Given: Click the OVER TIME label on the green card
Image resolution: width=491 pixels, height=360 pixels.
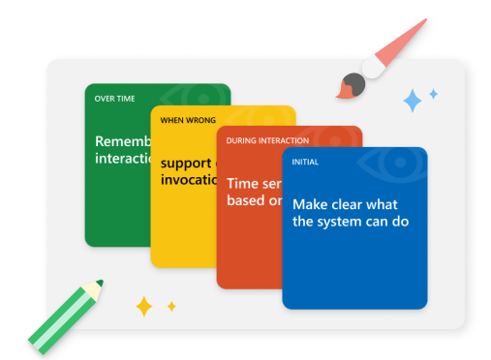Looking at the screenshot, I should [114, 99].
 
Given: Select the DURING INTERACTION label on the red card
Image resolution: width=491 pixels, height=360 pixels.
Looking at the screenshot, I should [262, 140].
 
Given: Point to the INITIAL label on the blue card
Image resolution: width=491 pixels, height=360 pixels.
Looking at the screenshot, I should [305, 162].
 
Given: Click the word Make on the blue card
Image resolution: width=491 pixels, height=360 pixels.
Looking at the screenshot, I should [310, 204].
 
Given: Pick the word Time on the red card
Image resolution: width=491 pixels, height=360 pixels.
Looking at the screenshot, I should [243, 182].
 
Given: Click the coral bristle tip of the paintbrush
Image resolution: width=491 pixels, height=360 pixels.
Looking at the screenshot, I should [344, 92].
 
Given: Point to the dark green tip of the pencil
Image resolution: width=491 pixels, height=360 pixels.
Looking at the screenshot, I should [99, 284].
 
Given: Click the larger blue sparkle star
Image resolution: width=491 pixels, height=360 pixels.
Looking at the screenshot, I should [413, 100].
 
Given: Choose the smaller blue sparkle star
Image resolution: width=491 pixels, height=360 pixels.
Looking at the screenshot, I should [433, 94].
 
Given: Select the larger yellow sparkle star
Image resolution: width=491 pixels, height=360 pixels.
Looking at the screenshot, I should [144, 307].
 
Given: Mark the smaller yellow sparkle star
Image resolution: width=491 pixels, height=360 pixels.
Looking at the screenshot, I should [171, 306].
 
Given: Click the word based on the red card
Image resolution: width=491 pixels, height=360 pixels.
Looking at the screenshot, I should [246, 200].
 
